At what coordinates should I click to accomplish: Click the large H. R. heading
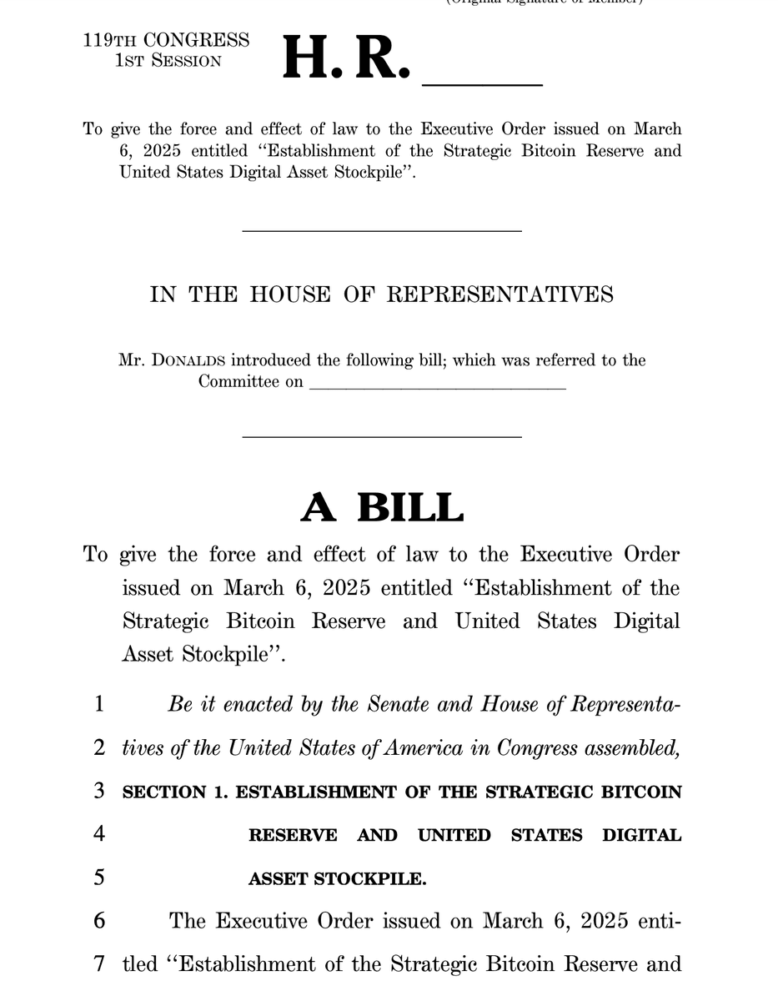tap(346, 58)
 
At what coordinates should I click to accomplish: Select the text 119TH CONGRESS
tap(166, 40)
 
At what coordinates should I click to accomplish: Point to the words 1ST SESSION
tap(168, 60)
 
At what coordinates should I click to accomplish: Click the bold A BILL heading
tap(382, 507)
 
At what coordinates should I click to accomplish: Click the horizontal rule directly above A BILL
tap(382, 437)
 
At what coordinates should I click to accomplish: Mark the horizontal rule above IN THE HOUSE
tap(382, 230)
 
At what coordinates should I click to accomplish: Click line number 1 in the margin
tap(98, 705)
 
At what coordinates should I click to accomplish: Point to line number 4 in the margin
tap(98, 834)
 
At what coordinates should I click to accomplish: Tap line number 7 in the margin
tap(98, 964)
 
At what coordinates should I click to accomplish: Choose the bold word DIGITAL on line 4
tap(641, 835)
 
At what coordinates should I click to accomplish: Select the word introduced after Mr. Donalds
tap(269, 360)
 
